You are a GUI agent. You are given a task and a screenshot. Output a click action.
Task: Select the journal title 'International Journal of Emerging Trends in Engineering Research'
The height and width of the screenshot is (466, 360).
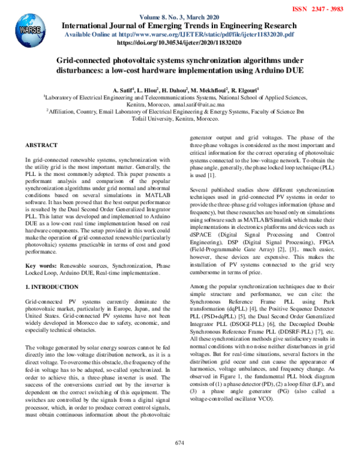point(179,26)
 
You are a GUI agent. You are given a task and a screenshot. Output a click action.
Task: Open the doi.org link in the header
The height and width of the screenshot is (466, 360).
point(179,43)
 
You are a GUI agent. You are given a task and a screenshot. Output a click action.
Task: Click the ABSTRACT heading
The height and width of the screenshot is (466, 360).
point(41,146)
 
